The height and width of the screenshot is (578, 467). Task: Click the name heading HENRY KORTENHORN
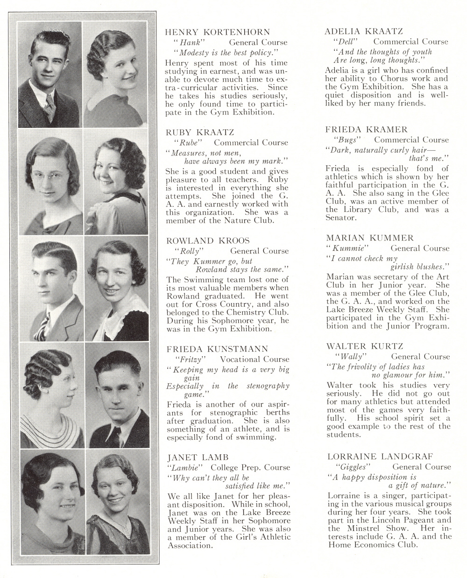pos(218,32)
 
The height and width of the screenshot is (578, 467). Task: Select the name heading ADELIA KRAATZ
pos(364,31)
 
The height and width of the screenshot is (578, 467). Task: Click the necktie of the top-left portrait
pos(50,105)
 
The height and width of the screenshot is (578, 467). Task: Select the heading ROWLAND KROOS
pos(208,240)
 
